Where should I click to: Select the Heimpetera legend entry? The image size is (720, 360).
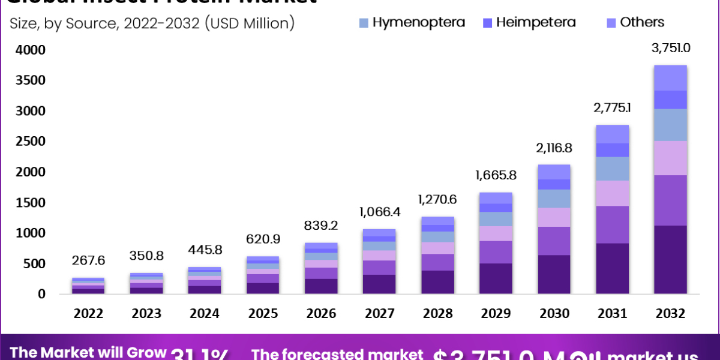click(x=536, y=23)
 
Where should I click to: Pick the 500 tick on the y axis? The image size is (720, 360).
click(x=35, y=264)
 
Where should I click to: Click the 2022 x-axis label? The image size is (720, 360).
click(x=89, y=313)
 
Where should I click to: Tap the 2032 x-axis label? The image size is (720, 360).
click(x=670, y=313)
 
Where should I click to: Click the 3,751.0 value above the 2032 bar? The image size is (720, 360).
click(x=670, y=49)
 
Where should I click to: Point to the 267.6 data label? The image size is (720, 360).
click(x=89, y=261)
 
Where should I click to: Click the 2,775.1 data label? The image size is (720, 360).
click(x=613, y=108)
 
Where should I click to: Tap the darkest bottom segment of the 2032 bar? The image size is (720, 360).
click(x=670, y=260)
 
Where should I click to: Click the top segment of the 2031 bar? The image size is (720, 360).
click(x=613, y=134)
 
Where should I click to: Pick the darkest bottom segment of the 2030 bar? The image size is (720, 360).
click(x=554, y=275)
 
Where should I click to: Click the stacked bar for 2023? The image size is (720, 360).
click(x=146, y=283)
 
